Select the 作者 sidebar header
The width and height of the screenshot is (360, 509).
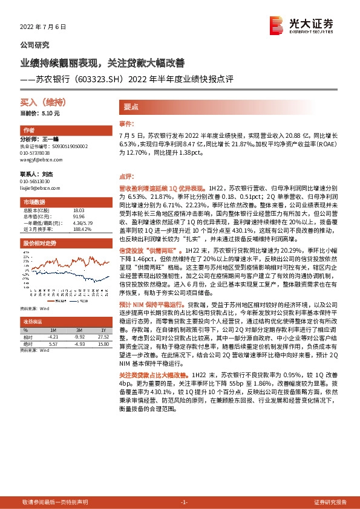tap(29, 131)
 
